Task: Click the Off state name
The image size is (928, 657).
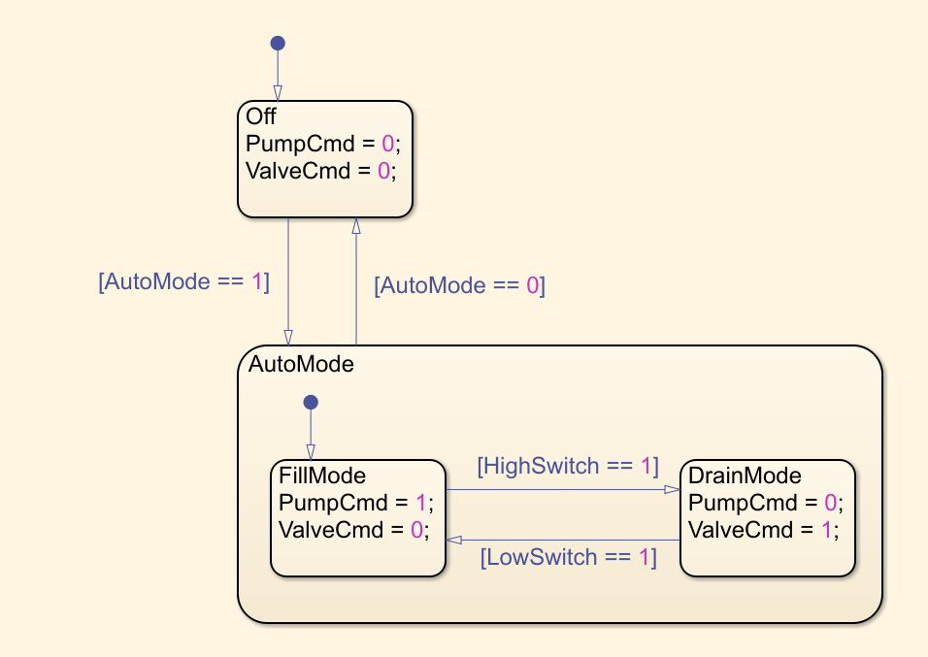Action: pos(261,116)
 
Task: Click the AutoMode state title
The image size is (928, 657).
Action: pos(301,365)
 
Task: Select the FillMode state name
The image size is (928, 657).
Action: pos(322,476)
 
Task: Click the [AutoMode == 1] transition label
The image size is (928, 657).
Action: pos(183,281)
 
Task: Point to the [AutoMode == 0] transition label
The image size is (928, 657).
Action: pos(459,285)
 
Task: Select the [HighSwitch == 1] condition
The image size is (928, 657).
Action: pos(568,466)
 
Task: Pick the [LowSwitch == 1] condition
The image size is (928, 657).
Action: pos(568,558)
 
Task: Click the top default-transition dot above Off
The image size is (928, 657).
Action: pos(278,43)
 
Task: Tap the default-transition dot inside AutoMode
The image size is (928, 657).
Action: pos(311,402)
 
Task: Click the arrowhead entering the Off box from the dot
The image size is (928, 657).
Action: pos(278,93)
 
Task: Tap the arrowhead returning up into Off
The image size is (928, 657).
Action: pos(356,225)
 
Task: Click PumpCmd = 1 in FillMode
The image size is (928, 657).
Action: pos(355,503)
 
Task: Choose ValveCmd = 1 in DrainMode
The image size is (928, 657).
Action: pos(763,529)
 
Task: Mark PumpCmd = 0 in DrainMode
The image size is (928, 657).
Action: pos(763,503)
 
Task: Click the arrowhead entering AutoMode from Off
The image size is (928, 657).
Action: pos(288,336)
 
